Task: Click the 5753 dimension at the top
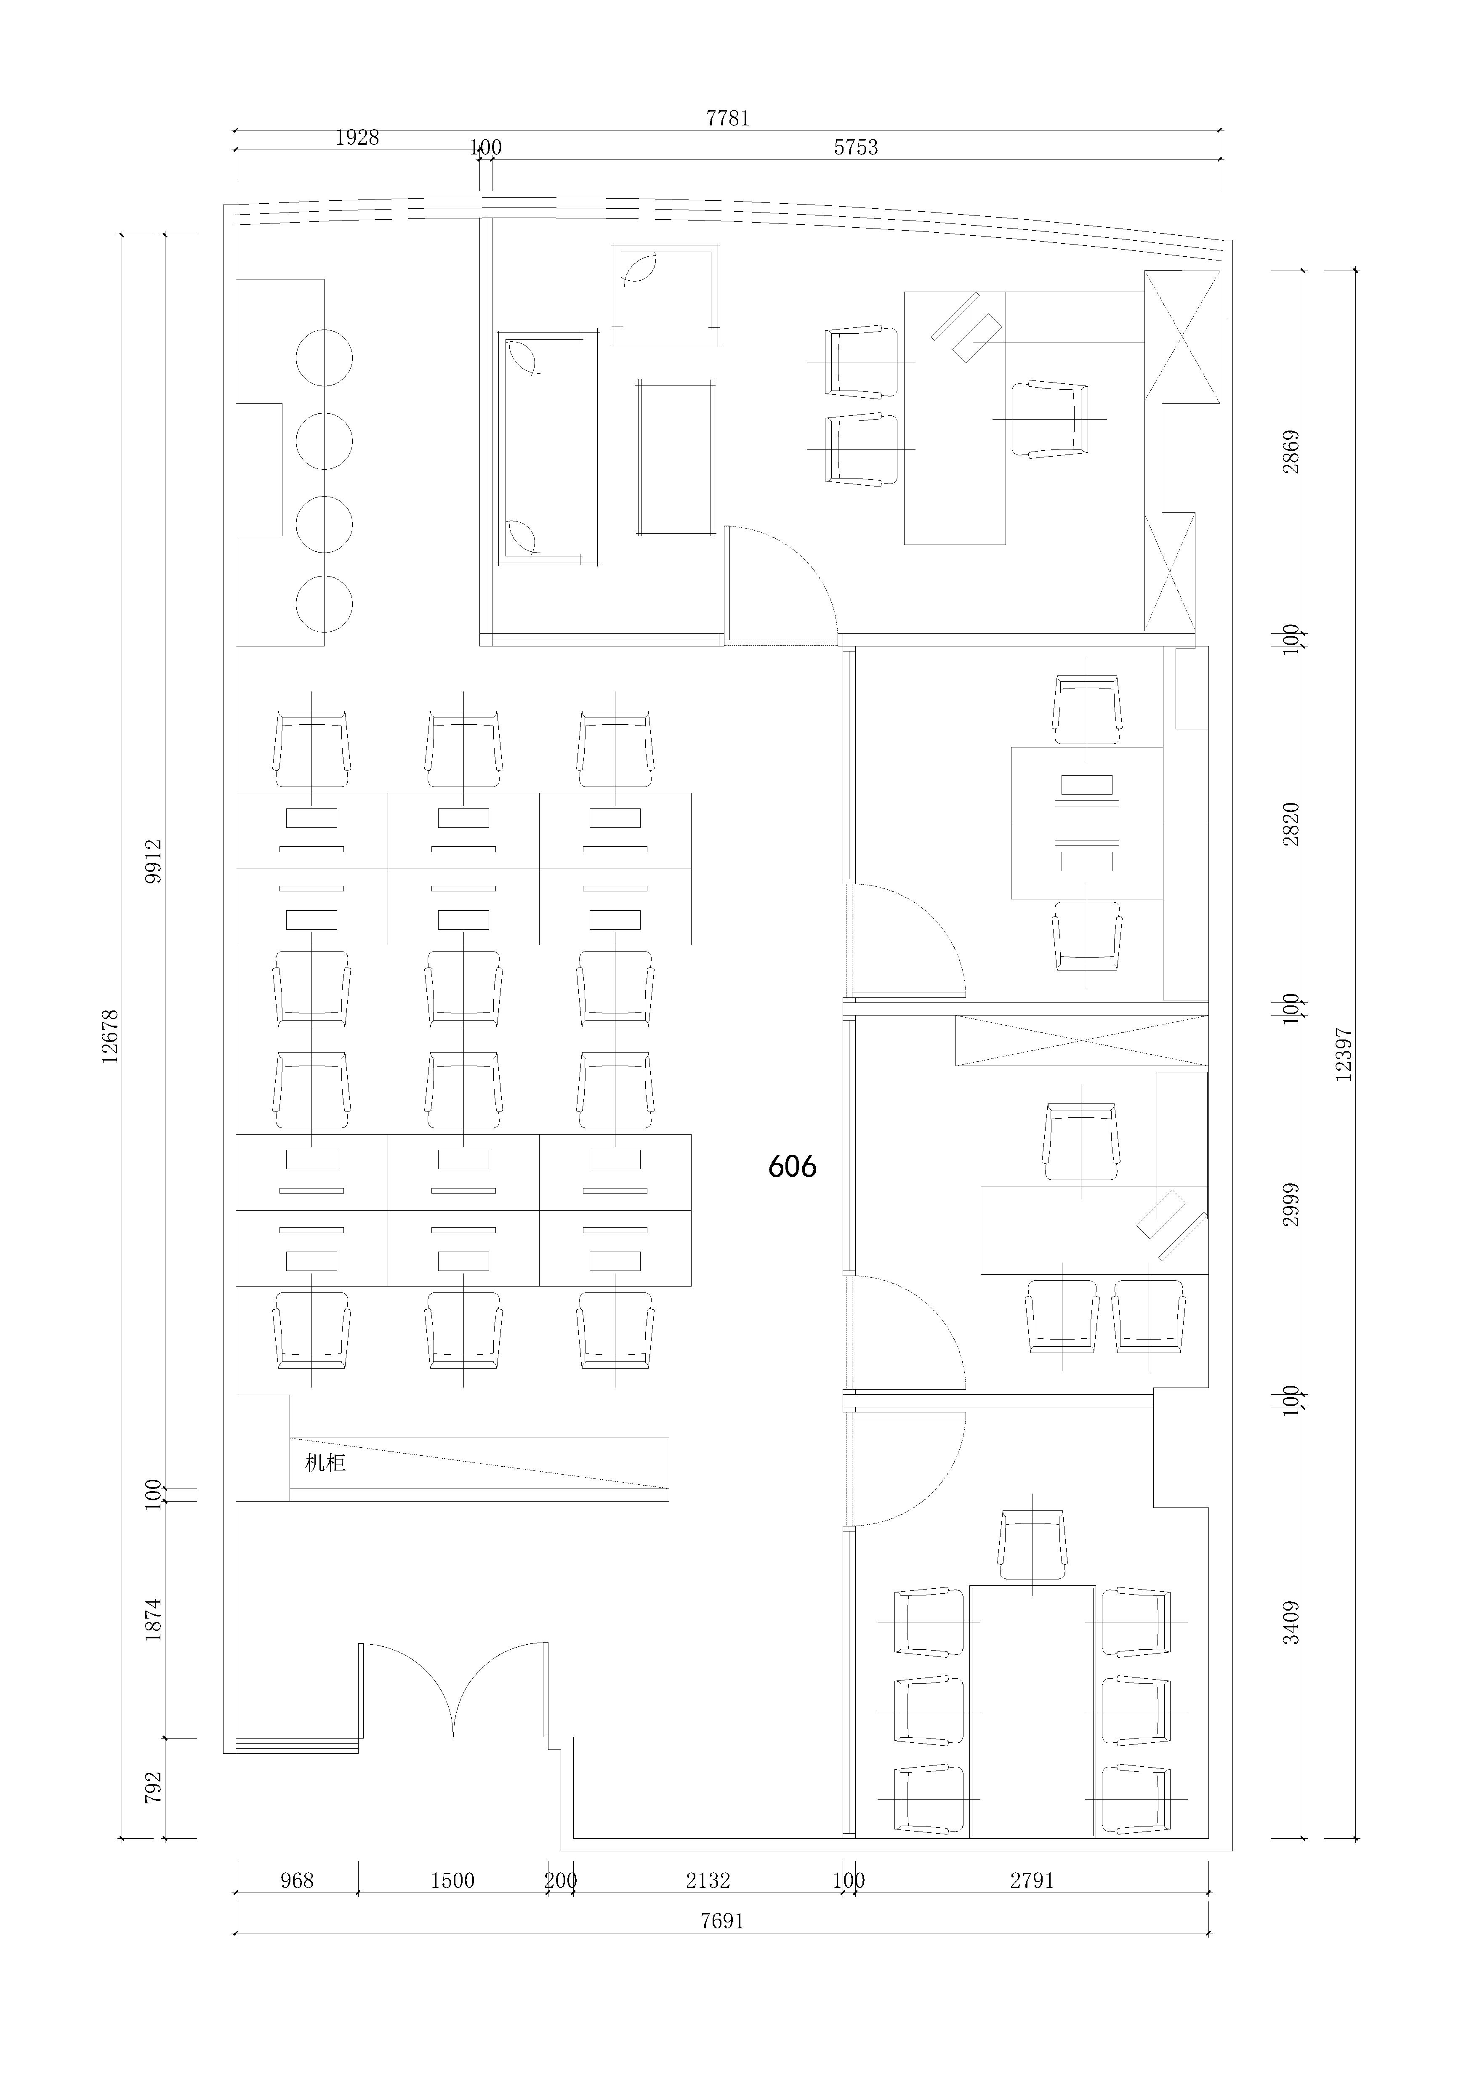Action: click(856, 147)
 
